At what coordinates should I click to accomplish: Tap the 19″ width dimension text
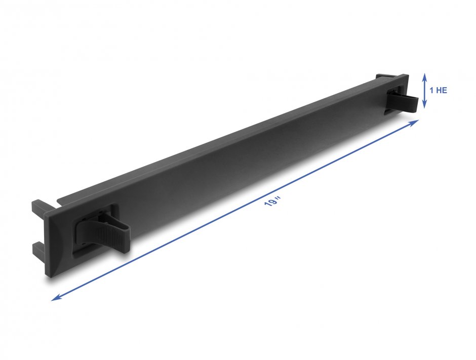tap(272, 203)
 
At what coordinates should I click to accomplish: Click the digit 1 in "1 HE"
tap(431, 91)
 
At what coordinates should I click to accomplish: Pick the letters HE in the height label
tap(442, 91)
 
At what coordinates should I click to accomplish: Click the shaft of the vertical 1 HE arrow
tap(424, 91)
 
